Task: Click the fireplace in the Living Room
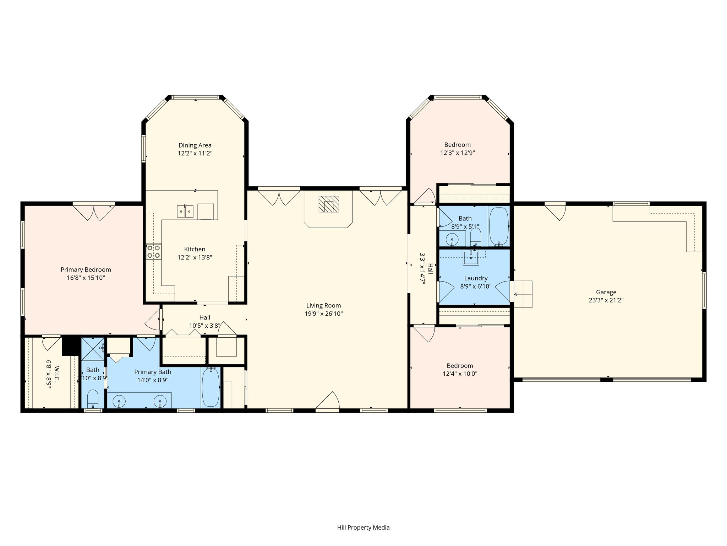tap(328, 204)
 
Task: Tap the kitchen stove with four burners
tap(154, 252)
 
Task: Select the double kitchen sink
tap(185, 211)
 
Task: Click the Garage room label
tap(606, 292)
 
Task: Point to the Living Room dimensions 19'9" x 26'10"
tap(323, 314)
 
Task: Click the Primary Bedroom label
tap(86, 270)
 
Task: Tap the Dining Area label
tap(195, 145)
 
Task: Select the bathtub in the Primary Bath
tap(211, 387)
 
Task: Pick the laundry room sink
tap(471, 257)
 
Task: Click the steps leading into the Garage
tap(523, 294)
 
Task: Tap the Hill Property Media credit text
tap(363, 528)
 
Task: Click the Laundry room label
tap(476, 278)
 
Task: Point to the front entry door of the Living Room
tap(327, 401)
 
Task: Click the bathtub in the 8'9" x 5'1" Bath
tap(499, 226)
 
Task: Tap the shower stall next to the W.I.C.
tap(93, 349)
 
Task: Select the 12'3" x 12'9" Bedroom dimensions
tap(458, 153)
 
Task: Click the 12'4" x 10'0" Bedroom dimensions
tap(460, 374)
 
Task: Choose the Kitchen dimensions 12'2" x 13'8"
tap(195, 257)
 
